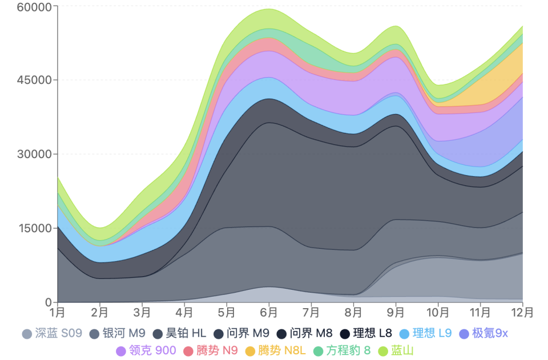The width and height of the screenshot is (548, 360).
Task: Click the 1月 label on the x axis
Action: [x=57, y=313]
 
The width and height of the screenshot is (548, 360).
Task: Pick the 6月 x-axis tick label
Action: [x=269, y=313]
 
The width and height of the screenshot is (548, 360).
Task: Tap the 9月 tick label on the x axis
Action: [x=396, y=313]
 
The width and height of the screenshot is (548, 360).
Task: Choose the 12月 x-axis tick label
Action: [x=522, y=313]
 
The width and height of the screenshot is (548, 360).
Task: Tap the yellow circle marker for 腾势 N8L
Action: [x=249, y=351]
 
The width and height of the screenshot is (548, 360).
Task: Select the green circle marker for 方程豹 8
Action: [x=319, y=351]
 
